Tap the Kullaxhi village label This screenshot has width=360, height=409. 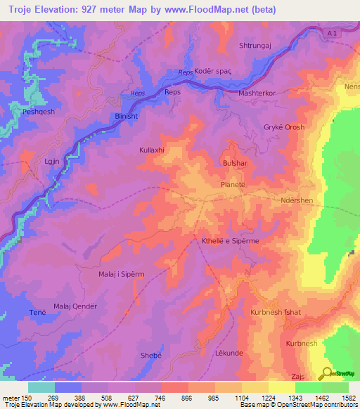152,150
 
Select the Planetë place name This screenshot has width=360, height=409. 233,184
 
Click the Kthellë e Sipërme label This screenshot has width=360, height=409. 231,241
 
